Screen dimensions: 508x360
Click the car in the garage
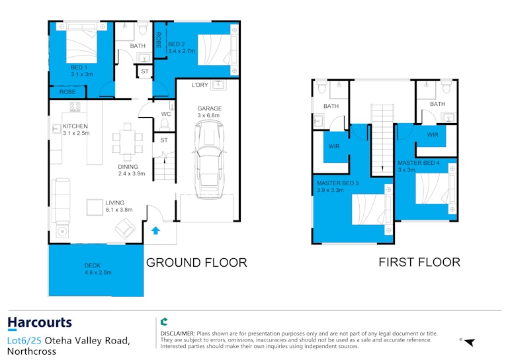(x=209, y=159)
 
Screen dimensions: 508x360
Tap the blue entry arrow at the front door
(x=156, y=230)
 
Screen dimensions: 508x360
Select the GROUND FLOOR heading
(x=196, y=263)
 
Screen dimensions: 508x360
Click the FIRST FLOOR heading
(x=419, y=262)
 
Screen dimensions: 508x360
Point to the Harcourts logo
(x=40, y=323)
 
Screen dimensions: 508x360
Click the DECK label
(x=93, y=265)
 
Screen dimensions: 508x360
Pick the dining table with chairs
(x=127, y=142)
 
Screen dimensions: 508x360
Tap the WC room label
(x=166, y=114)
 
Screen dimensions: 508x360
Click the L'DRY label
(x=200, y=85)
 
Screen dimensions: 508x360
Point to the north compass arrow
(x=470, y=342)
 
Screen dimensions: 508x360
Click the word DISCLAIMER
(x=177, y=334)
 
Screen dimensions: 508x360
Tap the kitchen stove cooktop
(x=75, y=107)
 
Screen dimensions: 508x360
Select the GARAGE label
(x=210, y=109)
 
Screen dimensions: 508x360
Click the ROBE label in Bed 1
(x=67, y=92)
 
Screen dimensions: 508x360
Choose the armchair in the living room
(x=126, y=228)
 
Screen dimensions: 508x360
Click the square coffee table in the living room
(x=95, y=207)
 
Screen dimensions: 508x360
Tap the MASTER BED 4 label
(x=419, y=163)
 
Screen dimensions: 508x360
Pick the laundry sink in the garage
(x=219, y=85)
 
